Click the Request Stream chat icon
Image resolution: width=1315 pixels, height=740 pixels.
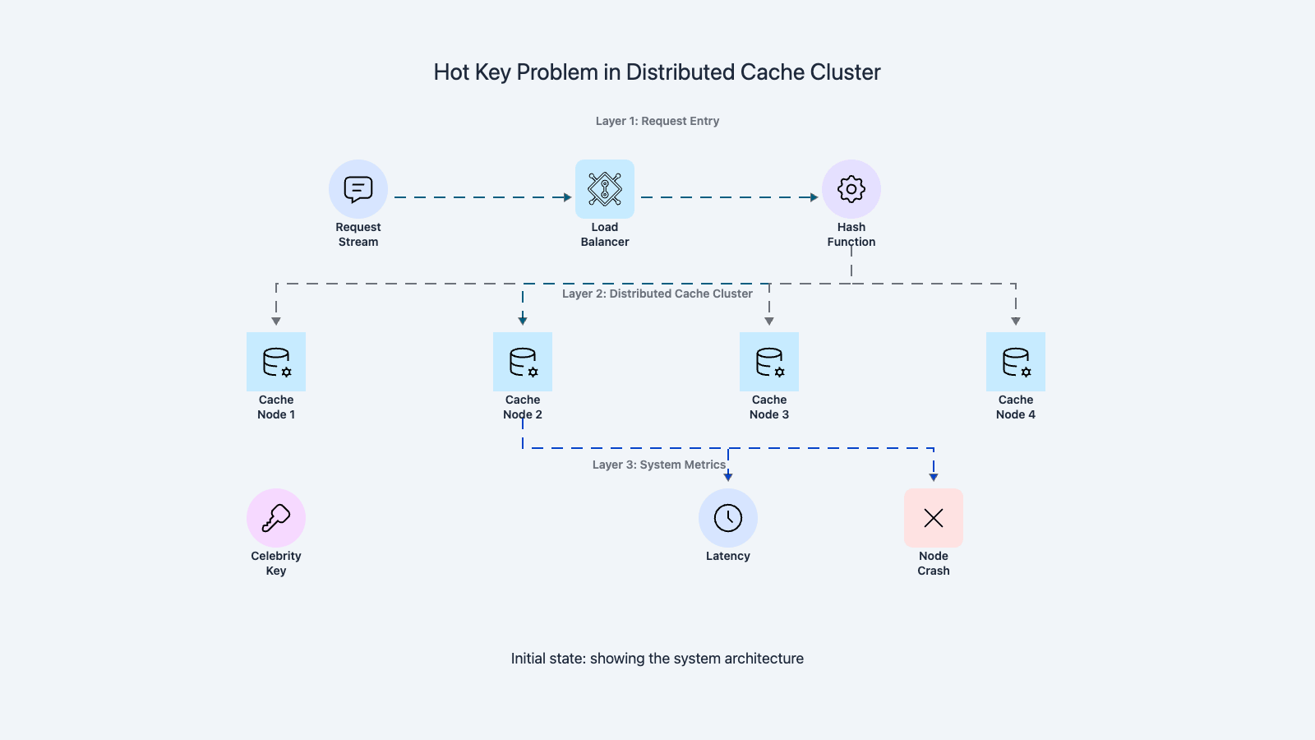tap(358, 189)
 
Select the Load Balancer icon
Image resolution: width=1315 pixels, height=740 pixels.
tap(605, 189)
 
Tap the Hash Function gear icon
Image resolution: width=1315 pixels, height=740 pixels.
tap(851, 189)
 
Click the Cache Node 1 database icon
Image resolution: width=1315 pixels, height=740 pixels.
tap(276, 362)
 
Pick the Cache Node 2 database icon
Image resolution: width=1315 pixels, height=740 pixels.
tap(523, 362)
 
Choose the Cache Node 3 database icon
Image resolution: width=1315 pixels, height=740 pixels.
tap(769, 362)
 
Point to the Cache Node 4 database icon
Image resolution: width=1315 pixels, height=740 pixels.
tap(1016, 362)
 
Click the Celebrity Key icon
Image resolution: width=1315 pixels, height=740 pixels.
tap(276, 518)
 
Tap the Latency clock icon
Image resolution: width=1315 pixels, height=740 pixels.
tap(728, 518)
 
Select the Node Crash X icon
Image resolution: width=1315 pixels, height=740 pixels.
tap(934, 518)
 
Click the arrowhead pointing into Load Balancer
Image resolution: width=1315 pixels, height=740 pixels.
tap(567, 197)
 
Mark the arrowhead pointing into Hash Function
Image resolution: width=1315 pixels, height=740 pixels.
tap(814, 197)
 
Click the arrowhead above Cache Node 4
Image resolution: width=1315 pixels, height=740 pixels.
tap(1016, 321)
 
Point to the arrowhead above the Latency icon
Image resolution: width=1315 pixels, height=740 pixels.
tap(728, 477)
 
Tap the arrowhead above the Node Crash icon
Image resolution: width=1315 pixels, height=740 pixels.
tap(934, 477)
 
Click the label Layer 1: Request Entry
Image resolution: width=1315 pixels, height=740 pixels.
tap(657, 121)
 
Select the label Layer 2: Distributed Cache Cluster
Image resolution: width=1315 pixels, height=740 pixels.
tap(657, 294)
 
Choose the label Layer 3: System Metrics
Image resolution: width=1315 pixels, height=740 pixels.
tap(659, 465)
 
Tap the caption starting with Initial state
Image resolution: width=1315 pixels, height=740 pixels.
tap(657, 659)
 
